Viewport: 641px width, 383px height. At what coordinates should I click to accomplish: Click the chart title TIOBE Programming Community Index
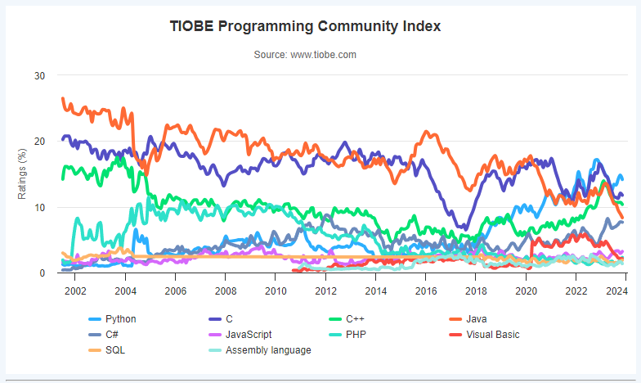tap(305, 26)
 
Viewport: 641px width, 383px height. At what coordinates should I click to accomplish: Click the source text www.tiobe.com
tap(305, 55)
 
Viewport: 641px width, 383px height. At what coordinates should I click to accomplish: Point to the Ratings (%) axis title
tap(23, 173)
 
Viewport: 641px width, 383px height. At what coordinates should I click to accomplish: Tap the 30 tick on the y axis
tap(39, 76)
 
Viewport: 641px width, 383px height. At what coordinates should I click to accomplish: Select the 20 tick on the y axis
tap(39, 142)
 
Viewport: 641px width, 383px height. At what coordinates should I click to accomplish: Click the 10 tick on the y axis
tap(39, 207)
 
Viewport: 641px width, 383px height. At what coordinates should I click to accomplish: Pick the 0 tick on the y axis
tap(42, 273)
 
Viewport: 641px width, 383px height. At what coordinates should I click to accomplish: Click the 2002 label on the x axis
tap(75, 291)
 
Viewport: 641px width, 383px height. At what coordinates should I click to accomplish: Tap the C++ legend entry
tap(355, 319)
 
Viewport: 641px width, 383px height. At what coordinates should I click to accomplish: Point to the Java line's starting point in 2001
tap(63, 99)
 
